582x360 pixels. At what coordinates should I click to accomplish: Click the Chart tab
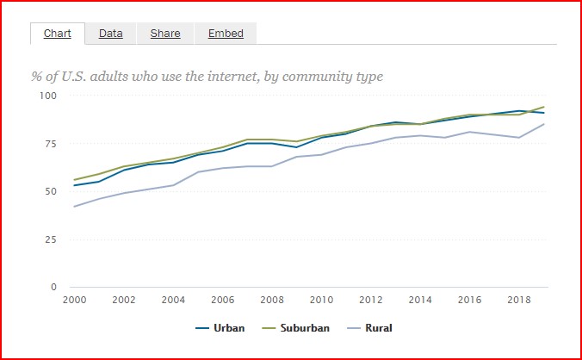point(57,34)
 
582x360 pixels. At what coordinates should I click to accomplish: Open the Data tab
point(110,34)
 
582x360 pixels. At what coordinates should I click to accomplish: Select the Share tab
point(165,34)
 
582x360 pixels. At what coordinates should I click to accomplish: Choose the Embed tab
point(226,34)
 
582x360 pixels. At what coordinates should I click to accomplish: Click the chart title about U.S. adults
point(207,77)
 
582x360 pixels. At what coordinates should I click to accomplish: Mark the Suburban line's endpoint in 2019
point(544,107)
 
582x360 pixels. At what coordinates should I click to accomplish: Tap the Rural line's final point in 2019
point(544,124)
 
